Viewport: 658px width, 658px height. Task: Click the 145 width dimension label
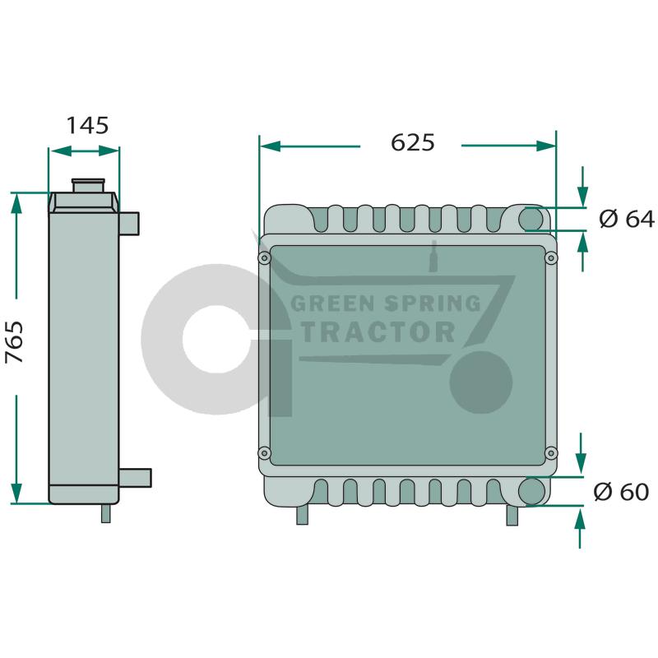click(x=88, y=126)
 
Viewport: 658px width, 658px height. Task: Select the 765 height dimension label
click(x=14, y=342)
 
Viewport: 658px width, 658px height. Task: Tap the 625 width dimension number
click(x=413, y=142)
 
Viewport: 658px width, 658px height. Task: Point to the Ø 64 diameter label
click(x=627, y=219)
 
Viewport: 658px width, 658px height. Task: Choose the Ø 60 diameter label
click(x=622, y=492)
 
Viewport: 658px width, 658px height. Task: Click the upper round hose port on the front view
click(x=531, y=219)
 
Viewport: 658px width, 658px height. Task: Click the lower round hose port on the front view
click(x=531, y=491)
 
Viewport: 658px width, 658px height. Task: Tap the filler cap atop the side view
click(x=88, y=186)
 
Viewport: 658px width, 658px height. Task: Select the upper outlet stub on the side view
click(x=129, y=224)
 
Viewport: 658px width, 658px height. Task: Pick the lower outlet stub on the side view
click(x=135, y=478)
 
